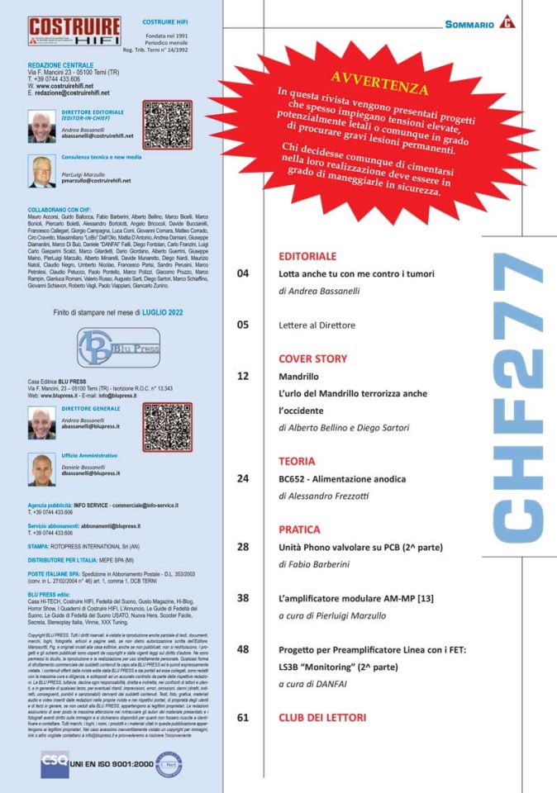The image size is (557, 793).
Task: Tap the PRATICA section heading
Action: (x=299, y=529)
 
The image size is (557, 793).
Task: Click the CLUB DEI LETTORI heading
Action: (x=322, y=717)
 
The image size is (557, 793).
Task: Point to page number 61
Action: (x=243, y=718)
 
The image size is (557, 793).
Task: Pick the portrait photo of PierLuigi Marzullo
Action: (x=42, y=172)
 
